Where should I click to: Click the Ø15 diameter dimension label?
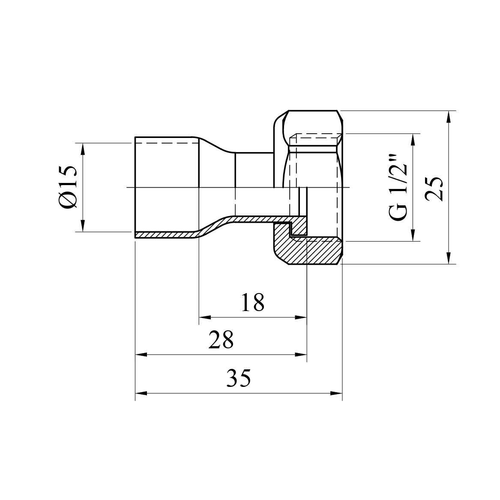(x=68, y=188)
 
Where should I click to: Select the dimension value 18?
(x=252, y=302)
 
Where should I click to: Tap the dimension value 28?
(x=221, y=339)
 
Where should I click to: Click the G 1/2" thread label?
(x=398, y=188)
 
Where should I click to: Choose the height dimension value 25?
(x=434, y=189)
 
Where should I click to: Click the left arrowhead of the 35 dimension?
(x=141, y=393)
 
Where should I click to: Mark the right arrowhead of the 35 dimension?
(x=336, y=393)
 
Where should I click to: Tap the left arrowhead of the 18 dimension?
(x=205, y=317)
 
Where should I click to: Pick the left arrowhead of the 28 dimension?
(x=141, y=354)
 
